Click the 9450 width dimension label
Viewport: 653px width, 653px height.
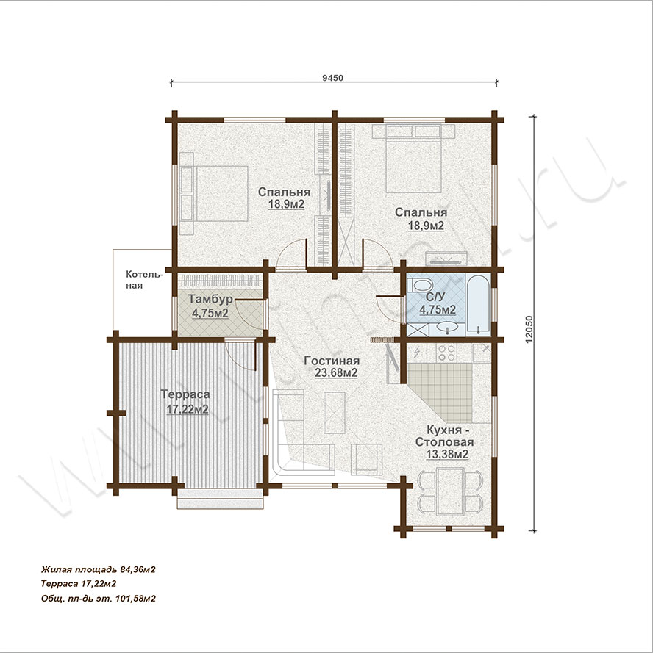click(x=333, y=78)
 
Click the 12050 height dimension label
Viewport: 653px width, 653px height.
click(x=529, y=329)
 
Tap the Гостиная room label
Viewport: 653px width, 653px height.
click(x=332, y=361)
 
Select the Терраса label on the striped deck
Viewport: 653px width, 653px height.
click(x=185, y=394)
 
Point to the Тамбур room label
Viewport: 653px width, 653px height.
click(x=210, y=299)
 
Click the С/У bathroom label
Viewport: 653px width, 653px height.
click(x=436, y=297)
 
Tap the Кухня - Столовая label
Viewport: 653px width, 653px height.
click(x=444, y=436)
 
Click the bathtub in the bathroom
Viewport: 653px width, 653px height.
click(x=478, y=304)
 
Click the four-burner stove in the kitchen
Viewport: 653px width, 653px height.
click(x=446, y=353)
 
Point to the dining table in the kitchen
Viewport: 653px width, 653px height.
click(x=450, y=491)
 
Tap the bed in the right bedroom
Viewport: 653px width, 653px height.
click(x=413, y=165)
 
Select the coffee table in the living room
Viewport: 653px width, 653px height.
click(x=335, y=413)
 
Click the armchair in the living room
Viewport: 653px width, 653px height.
click(x=366, y=459)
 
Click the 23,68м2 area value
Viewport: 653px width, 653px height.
click(x=336, y=373)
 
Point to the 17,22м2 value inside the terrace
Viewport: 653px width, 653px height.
click(x=188, y=409)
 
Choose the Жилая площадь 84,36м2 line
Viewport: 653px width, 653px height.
click(x=99, y=569)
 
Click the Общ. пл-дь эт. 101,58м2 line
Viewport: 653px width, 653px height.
click(x=99, y=599)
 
